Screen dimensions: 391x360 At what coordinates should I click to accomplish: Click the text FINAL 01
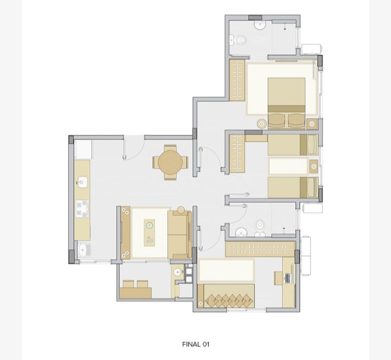coord(195,344)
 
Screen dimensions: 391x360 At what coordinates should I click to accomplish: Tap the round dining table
coord(171,162)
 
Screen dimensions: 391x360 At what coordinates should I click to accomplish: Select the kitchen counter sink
coord(83,182)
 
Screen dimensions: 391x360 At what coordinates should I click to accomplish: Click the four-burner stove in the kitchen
coord(83,209)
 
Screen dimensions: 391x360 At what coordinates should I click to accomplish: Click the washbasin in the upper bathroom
coord(260,25)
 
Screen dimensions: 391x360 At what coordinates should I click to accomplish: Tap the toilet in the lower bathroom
coord(260,228)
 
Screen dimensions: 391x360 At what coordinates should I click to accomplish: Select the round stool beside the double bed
coord(262,124)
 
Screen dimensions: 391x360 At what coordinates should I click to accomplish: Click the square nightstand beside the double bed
coord(312,124)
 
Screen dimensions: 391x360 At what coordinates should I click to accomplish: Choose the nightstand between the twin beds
coord(314,166)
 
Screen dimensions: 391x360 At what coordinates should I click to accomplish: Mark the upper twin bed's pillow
coord(312,144)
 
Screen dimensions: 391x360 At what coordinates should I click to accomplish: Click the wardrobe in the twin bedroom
coord(237,154)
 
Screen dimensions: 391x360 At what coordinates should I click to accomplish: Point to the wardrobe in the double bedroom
coord(237,80)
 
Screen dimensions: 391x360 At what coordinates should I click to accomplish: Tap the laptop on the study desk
coord(288,278)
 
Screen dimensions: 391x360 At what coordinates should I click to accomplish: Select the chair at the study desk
coord(278,278)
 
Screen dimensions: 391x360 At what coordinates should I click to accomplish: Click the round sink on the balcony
coord(178,271)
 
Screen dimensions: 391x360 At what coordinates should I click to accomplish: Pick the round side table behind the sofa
coord(181,210)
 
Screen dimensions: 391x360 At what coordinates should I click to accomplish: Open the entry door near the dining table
coord(134,148)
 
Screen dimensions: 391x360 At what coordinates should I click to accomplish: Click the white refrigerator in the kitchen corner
coord(83,150)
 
